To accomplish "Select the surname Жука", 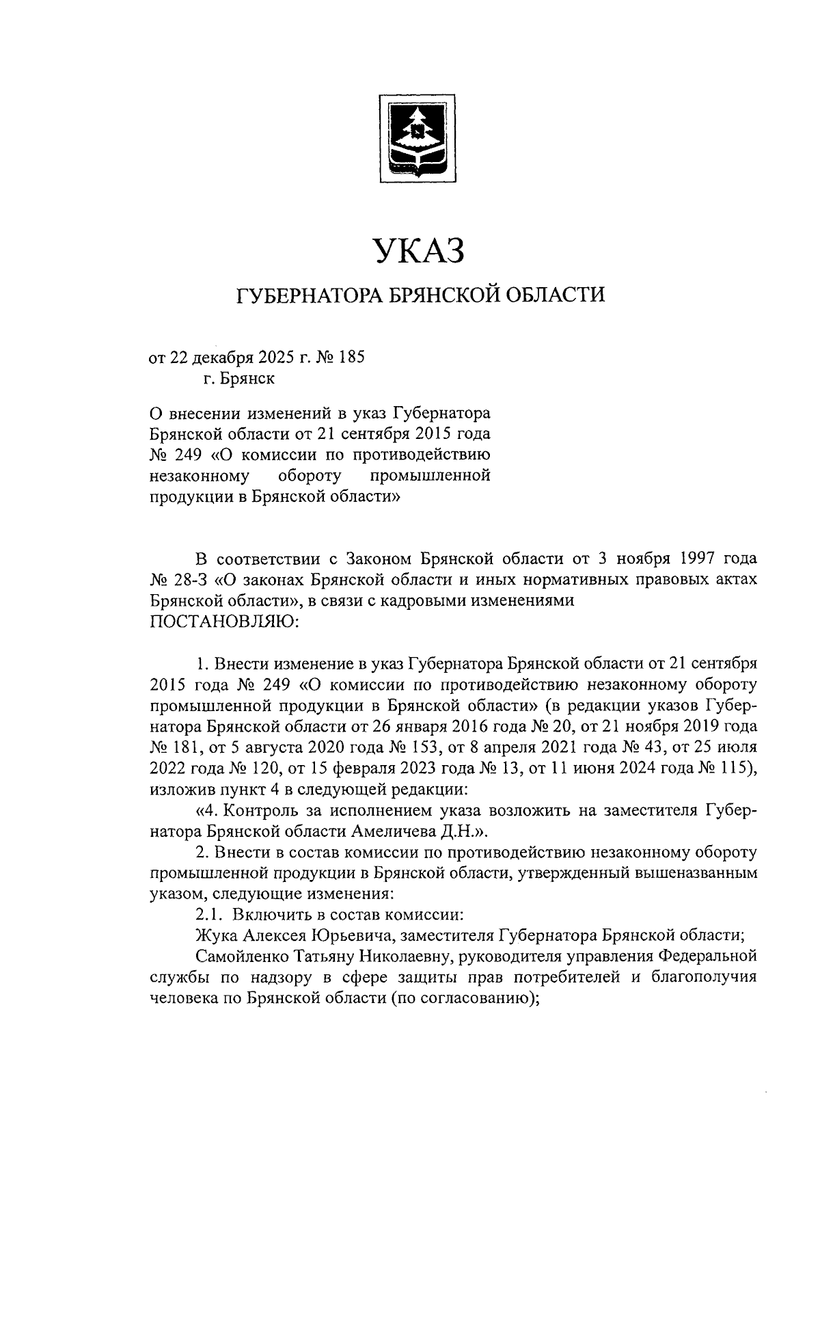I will [214, 934].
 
